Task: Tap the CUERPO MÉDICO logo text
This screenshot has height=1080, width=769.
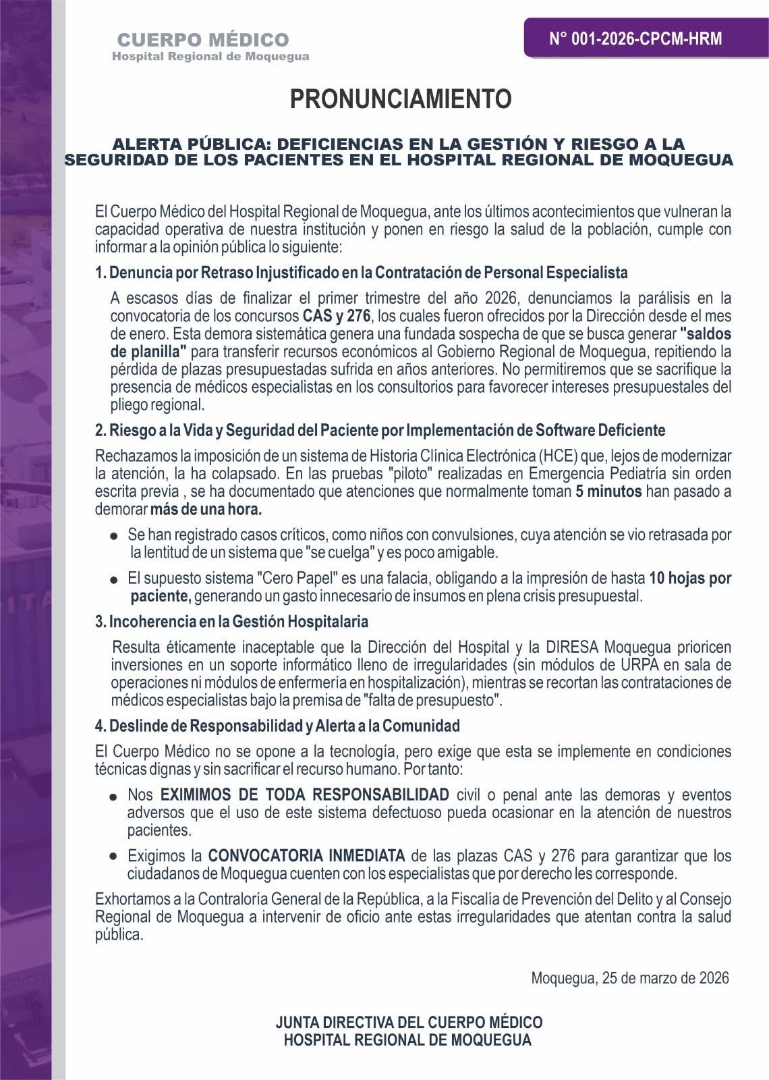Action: [203, 40]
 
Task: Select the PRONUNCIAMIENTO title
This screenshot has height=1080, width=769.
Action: [401, 99]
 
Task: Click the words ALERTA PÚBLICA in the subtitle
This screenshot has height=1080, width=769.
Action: [188, 144]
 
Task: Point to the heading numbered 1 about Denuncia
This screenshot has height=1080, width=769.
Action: [362, 273]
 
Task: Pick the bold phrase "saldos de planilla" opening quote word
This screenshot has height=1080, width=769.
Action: [706, 333]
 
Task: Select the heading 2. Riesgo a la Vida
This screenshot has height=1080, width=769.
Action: [380, 431]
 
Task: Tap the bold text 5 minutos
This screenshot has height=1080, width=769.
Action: [608, 491]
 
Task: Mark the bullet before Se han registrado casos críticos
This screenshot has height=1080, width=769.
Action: [115, 536]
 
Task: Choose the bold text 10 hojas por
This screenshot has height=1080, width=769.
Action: [690, 578]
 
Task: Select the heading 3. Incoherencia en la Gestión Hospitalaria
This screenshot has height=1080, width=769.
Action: [231, 620]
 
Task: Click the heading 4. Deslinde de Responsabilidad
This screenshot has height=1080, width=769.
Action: [277, 726]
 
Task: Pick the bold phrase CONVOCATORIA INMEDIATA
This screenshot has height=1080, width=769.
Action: [306, 857]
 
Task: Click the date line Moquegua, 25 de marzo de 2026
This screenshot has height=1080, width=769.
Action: [629, 977]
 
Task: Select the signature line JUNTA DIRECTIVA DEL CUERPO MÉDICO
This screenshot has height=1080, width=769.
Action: [409, 1022]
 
